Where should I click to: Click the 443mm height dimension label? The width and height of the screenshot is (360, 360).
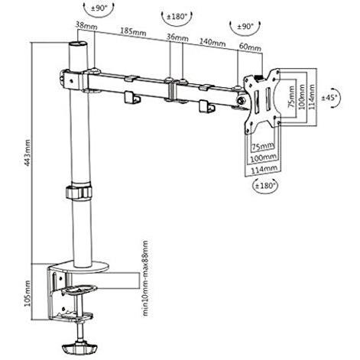point(27,153)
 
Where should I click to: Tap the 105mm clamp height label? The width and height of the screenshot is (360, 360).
point(27,294)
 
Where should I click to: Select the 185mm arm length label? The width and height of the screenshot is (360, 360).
point(133,31)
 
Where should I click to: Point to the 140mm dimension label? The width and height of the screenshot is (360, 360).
point(212,42)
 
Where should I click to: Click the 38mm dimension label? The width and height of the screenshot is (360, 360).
point(86,25)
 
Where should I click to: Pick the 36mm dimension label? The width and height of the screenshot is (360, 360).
point(177,37)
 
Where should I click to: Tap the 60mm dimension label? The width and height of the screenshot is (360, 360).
point(250,47)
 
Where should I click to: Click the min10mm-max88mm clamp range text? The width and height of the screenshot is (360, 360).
point(145,278)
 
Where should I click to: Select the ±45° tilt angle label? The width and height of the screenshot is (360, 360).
point(329,98)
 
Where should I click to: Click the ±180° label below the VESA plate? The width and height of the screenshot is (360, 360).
point(265,186)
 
